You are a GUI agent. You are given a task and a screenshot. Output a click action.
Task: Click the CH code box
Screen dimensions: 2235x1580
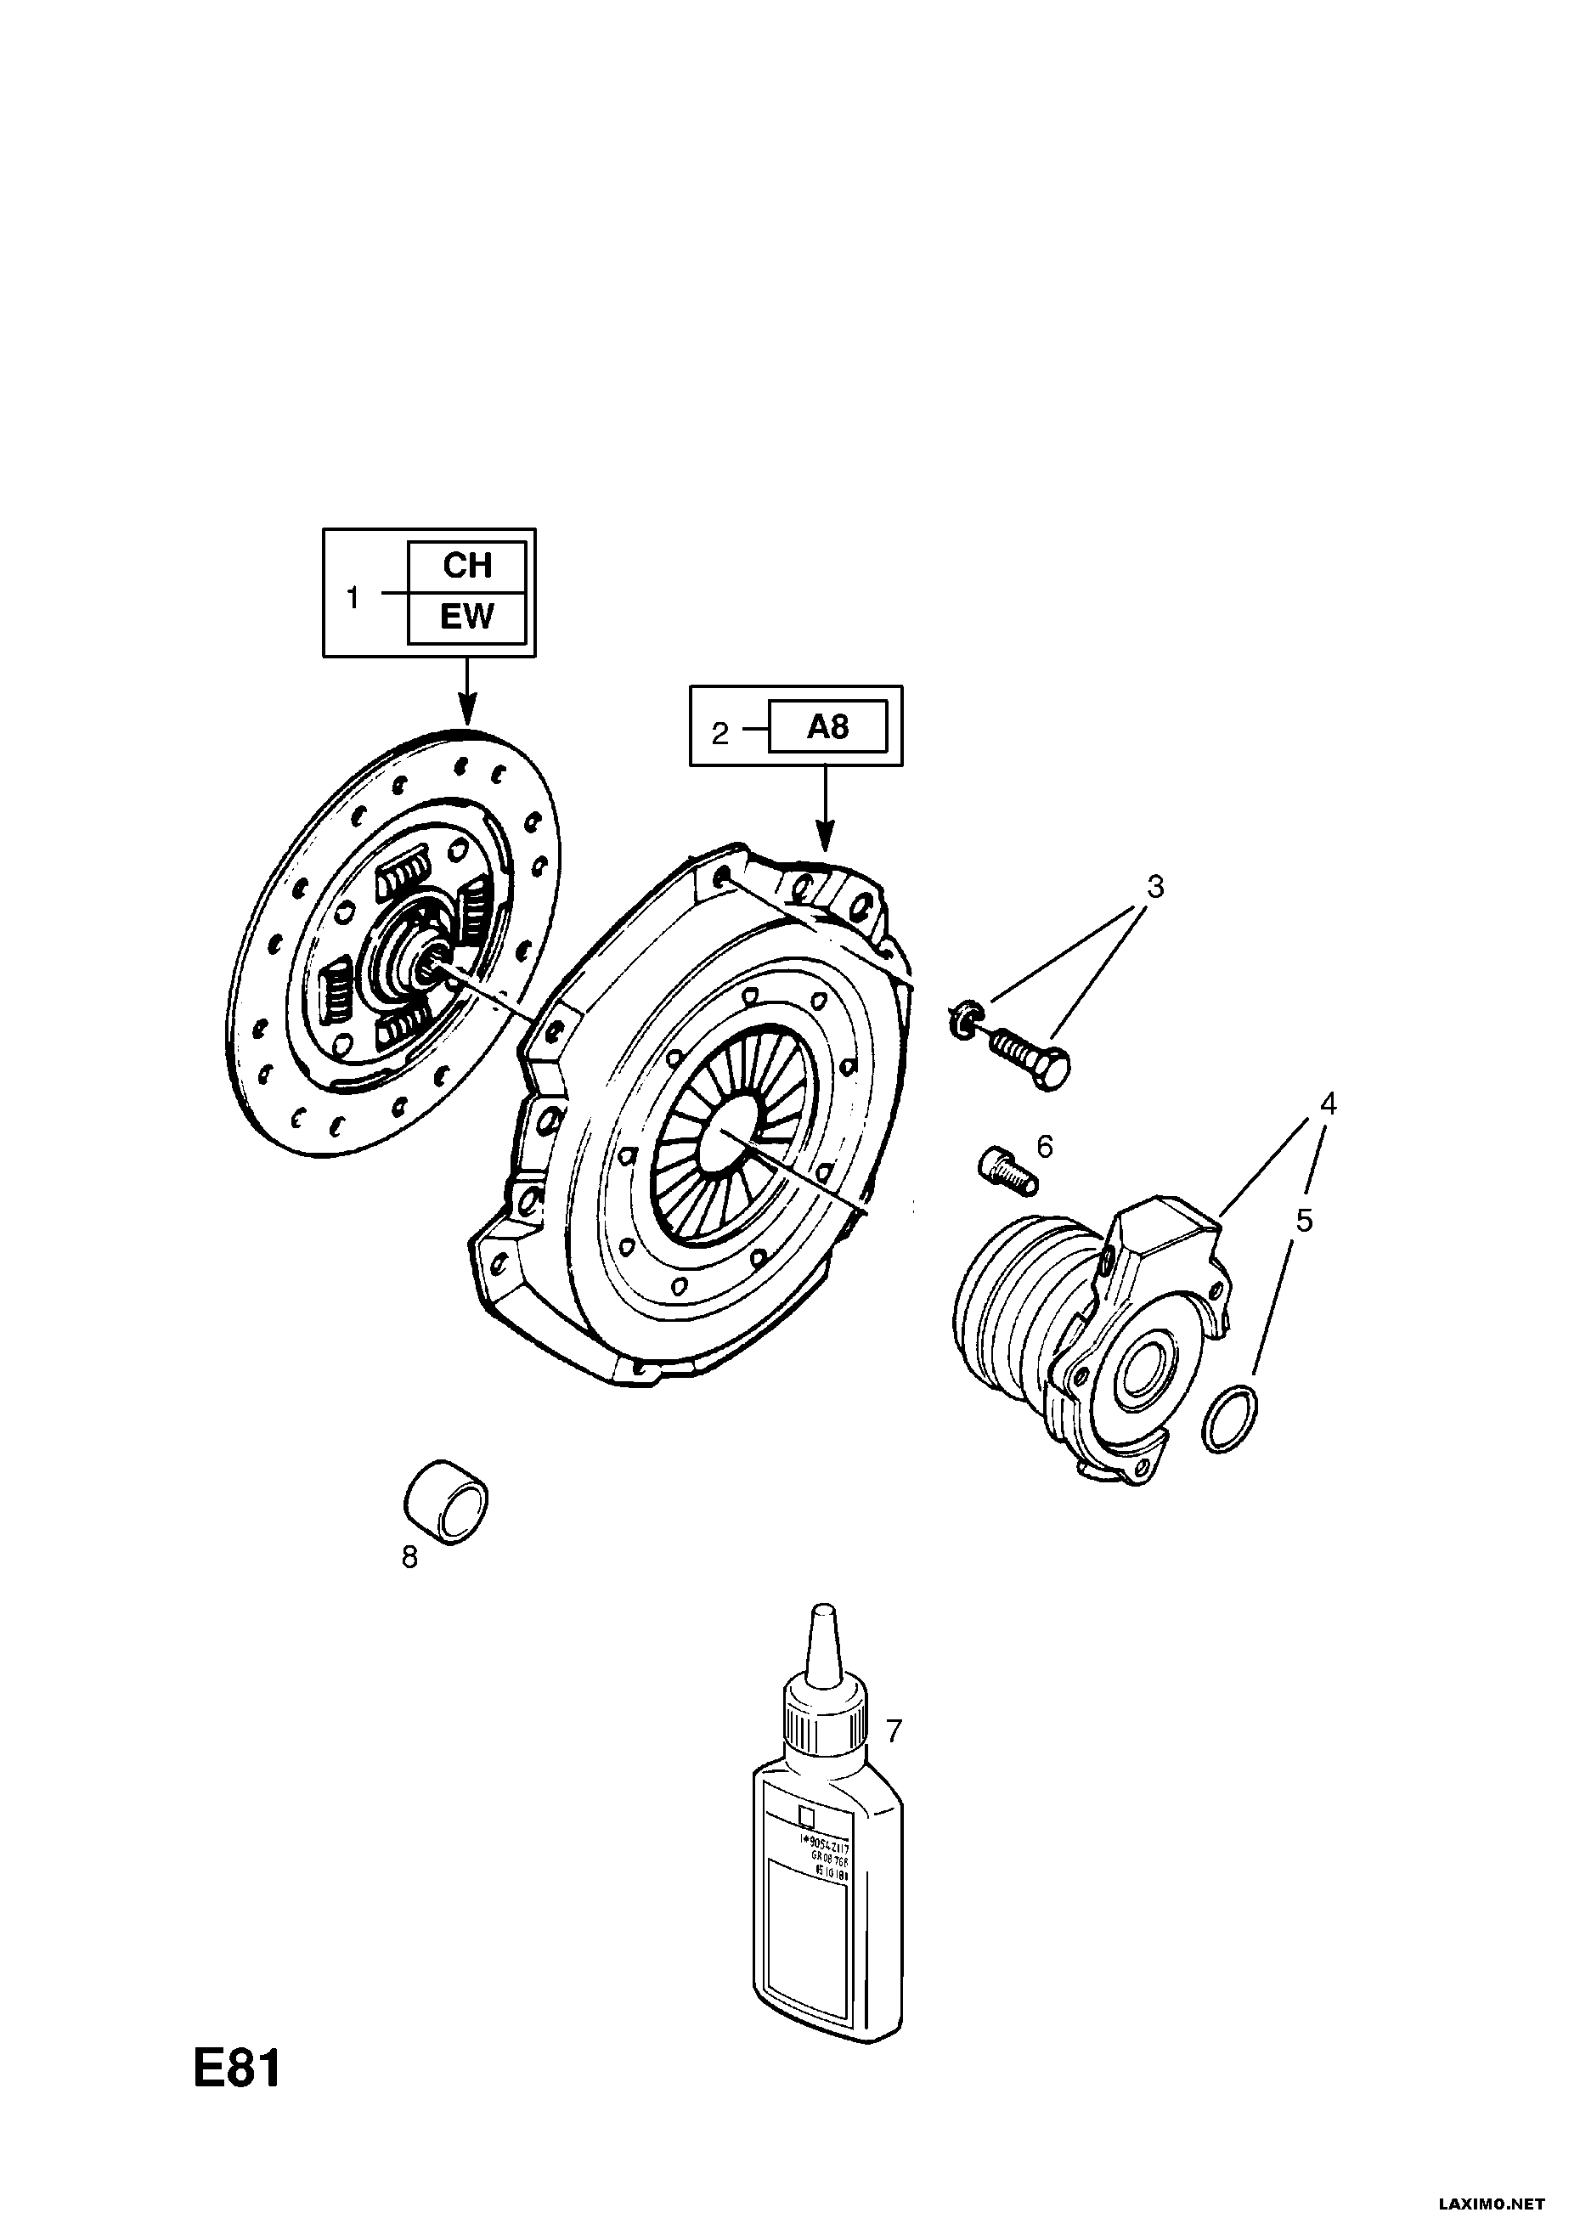(467, 566)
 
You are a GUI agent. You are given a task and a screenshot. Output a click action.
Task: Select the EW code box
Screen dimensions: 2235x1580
(467, 618)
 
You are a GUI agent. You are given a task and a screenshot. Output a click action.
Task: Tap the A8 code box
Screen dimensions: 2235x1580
(827, 726)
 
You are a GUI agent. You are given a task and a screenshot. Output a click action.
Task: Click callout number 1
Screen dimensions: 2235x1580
(353, 598)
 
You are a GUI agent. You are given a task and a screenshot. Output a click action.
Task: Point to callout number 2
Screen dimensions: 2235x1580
(719, 733)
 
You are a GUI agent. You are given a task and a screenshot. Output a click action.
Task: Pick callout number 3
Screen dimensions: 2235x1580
(1154, 887)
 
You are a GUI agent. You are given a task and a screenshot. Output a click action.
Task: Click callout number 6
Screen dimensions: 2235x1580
(1045, 1147)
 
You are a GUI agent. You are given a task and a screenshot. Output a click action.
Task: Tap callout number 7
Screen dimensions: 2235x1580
(894, 1730)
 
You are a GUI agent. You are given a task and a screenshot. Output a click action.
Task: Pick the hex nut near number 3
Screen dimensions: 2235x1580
(960, 1019)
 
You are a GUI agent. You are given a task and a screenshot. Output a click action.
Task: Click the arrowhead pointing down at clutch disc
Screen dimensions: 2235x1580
(467, 713)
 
